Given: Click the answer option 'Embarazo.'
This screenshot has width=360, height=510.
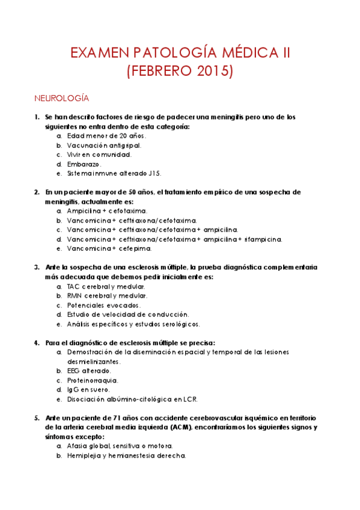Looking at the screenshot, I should (x=84, y=164).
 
